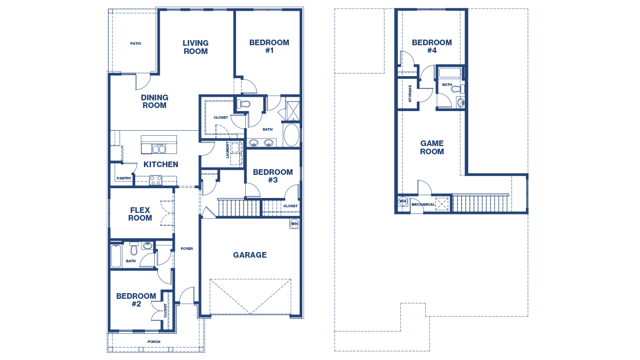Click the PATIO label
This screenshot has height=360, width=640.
(135, 44)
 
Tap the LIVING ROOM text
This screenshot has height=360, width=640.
(195, 47)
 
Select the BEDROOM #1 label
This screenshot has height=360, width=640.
(269, 47)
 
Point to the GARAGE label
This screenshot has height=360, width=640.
(250, 255)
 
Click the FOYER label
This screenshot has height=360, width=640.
(187, 249)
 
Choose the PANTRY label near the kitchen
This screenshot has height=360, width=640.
(124, 178)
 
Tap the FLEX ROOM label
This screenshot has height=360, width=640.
(140, 214)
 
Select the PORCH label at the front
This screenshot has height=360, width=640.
(154, 341)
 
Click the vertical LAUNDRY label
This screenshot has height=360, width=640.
(227, 150)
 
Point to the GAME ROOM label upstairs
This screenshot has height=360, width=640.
(432, 148)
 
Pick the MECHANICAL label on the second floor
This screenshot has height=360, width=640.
(423, 205)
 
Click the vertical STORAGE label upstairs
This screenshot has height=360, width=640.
(410, 94)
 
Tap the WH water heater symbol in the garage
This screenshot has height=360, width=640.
(294, 224)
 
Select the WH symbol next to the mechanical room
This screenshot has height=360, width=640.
(403, 201)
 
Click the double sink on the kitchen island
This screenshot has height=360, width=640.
(158, 149)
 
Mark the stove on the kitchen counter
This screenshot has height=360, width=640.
(155, 180)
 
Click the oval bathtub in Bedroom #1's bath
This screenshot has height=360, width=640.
(290, 135)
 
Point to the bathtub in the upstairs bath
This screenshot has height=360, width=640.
(450, 73)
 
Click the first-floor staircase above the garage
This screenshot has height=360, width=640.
(239, 208)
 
